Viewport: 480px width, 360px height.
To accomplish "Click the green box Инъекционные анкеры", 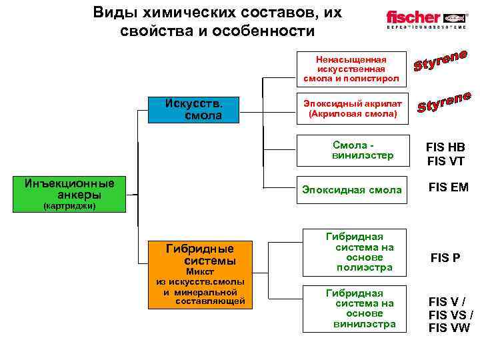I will click(x=69, y=189).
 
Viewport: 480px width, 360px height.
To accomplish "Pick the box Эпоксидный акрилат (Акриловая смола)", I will click(x=351, y=109).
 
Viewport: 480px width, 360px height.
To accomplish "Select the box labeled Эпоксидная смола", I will click(x=351, y=190).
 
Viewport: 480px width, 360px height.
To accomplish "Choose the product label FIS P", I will click(x=445, y=257).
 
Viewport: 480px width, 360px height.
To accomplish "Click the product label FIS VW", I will click(x=450, y=327).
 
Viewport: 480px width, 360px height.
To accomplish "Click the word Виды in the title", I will click(x=111, y=13).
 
